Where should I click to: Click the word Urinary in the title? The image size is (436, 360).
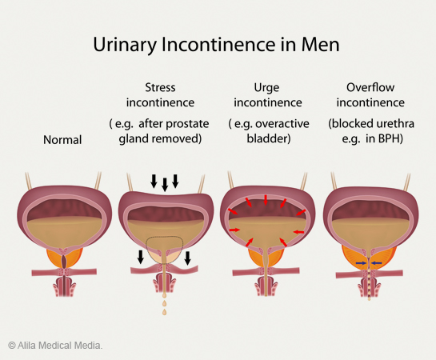point(125,46)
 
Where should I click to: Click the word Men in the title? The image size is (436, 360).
point(321,45)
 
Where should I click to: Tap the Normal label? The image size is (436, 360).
point(62,140)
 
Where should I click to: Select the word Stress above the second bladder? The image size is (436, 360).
point(160,87)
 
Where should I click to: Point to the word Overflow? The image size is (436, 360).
point(370,87)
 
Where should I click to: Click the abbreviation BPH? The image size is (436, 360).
point(390,138)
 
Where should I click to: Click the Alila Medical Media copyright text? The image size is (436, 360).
point(55,346)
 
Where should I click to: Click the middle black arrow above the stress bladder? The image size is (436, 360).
point(165,185)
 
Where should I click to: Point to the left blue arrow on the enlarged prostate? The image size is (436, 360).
point(362,262)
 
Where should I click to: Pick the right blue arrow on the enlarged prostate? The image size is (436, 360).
point(377,262)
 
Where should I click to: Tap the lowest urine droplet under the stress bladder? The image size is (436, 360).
point(164,312)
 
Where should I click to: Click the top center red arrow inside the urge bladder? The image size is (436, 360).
point(266,200)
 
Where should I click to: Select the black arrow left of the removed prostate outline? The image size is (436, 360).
point(141,257)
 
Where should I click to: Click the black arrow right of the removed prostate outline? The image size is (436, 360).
point(188,258)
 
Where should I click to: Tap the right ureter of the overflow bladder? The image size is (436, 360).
point(407,182)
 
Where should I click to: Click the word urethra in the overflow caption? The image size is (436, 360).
point(396,124)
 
